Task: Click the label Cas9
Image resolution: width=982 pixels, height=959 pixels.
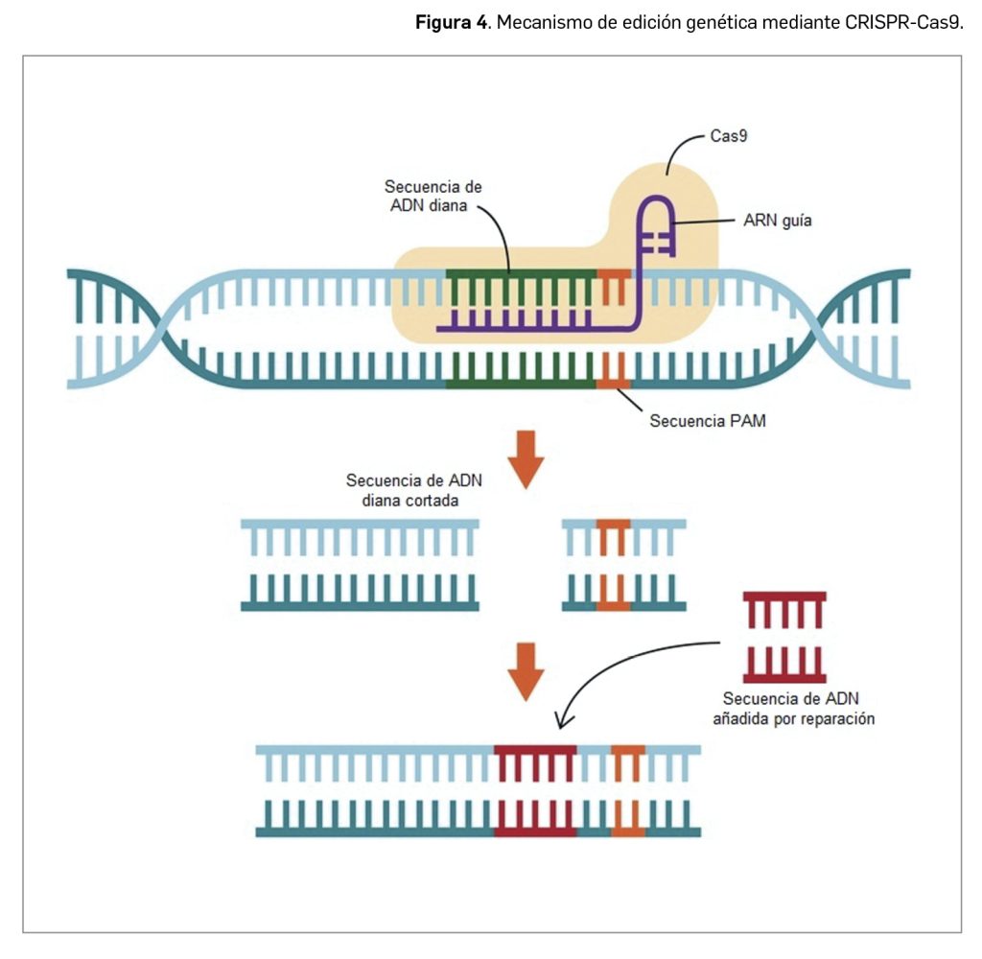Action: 729,137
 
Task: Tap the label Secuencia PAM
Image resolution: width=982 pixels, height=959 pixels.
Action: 708,420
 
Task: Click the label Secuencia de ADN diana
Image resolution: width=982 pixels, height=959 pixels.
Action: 433,196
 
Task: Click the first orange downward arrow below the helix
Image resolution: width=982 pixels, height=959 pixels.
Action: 525,459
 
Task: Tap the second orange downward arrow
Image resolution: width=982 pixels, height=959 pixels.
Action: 525,670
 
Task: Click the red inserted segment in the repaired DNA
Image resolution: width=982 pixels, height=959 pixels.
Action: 536,791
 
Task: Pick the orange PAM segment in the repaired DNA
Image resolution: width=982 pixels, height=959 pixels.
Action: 627,791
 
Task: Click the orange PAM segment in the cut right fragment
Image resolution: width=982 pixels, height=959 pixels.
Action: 614,566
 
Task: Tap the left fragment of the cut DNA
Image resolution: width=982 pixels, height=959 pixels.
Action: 360,566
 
